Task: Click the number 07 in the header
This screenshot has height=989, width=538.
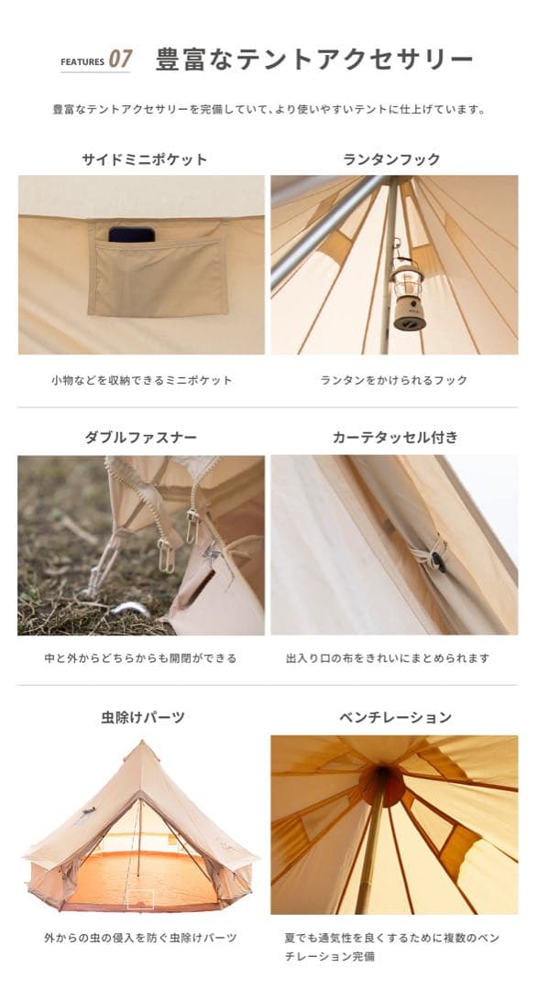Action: coord(120,60)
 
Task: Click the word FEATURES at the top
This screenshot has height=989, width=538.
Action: coord(82,62)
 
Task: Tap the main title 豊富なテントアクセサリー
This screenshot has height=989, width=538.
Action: coord(314,60)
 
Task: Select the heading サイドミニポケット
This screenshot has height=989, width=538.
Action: coord(145,159)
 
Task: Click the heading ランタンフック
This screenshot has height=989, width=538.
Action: coord(391,159)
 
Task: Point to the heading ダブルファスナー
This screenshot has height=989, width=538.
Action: coord(140,438)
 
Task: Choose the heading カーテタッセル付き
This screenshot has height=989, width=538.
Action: coord(395,438)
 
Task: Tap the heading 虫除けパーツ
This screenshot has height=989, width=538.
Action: coord(143,717)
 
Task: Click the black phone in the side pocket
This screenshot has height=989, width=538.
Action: coord(131,234)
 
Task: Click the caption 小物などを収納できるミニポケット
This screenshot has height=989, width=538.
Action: coord(142,380)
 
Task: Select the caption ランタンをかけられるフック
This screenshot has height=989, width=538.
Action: coord(394,380)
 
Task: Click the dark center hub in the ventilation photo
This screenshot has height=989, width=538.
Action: coord(380,783)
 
